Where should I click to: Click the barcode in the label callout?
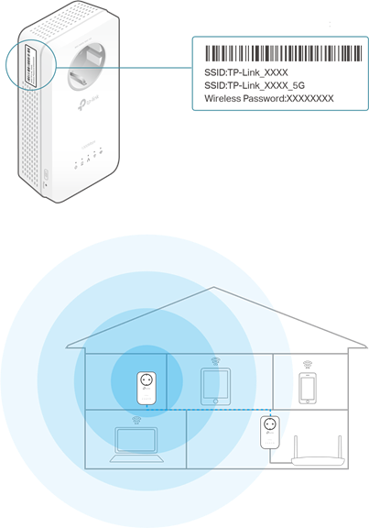click(284, 53)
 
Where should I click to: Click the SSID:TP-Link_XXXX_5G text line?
click(255, 85)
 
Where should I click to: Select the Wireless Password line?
click(269, 99)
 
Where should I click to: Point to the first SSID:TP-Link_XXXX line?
click(246, 72)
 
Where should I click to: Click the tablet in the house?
click(215, 386)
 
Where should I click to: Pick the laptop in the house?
click(136, 445)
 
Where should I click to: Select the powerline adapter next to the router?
click(270, 433)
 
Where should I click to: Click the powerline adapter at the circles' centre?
click(147, 388)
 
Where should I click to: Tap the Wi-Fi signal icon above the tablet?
click(215, 362)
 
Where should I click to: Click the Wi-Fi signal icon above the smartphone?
click(307, 364)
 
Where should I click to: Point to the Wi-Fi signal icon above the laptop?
click(136, 420)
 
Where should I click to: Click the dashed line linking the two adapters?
click(209, 410)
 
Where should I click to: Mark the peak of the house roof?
click(214, 287)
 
